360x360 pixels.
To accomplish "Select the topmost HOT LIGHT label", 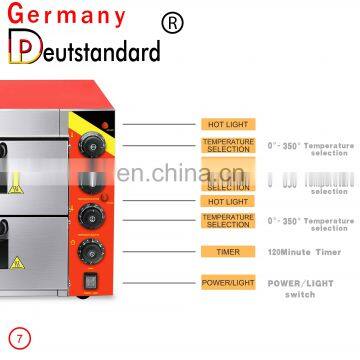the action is point(227,123).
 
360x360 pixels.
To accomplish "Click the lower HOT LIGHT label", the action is point(227,202).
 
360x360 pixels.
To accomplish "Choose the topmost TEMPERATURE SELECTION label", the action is point(227,146).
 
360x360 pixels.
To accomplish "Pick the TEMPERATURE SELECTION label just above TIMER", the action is point(227,220).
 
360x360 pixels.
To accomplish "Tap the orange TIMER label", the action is point(227,251).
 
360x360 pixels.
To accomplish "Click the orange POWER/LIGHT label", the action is point(227,283).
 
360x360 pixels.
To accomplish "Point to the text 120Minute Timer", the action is point(304,251).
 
